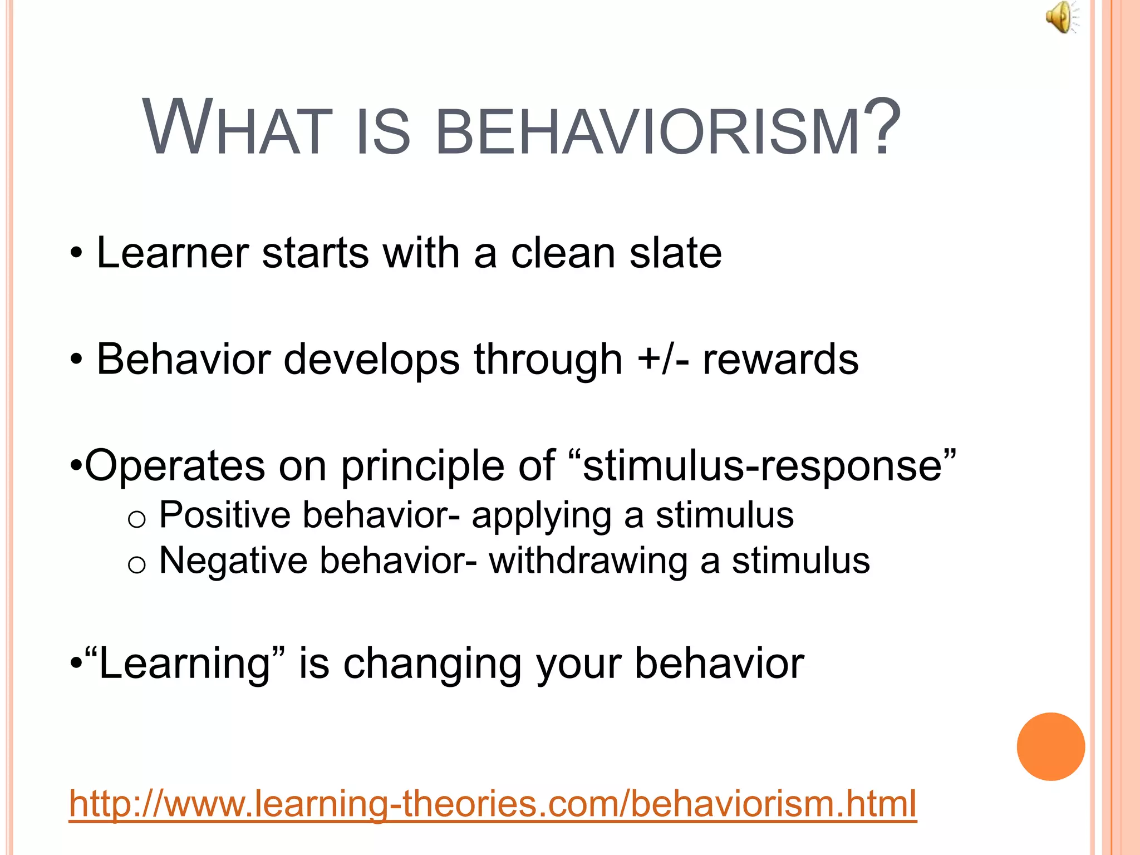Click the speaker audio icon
[1062, 18]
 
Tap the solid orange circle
[1050, 746]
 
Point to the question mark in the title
[886, 127]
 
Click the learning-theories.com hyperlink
[492, 803]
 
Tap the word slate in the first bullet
[675, 253]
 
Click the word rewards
[780, 360]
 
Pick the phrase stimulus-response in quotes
[762, 465]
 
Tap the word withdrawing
[588, 561]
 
